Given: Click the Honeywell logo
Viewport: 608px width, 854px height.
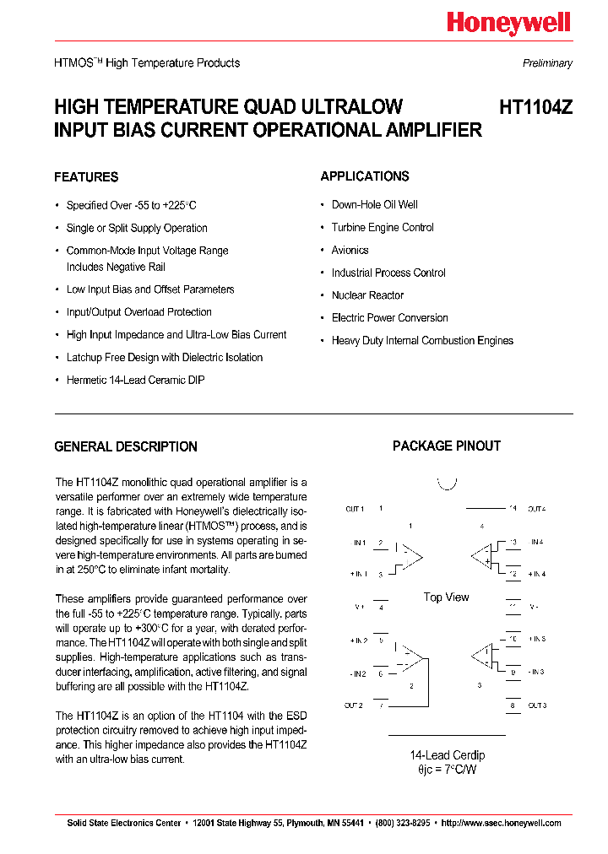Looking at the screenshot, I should click(508, 24).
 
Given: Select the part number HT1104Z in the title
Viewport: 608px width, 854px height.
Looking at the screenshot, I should click(535, 107).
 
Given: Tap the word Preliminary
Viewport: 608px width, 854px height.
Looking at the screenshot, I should click(547, 63).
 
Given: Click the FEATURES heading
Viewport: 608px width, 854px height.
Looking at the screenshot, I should click(86, 177).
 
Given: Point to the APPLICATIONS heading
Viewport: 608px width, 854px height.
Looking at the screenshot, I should click(365, 176).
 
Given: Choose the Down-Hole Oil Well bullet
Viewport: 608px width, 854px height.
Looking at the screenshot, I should click(374, 205).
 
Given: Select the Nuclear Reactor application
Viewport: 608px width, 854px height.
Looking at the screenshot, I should click(367, 295).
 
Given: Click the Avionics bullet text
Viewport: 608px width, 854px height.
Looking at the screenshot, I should click(350, 251).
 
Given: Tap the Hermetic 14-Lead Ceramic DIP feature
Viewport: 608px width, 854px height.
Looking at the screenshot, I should click(135, 381).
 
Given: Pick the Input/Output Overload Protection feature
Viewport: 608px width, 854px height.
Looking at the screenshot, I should click(138, 312).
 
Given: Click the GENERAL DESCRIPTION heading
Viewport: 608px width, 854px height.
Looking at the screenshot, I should click(126, 447).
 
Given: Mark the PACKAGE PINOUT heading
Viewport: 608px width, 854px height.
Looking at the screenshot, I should click(446, 446).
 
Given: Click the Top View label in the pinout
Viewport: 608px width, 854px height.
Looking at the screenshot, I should click(446, 597).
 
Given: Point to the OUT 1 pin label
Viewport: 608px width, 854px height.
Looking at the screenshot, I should click(355, 509).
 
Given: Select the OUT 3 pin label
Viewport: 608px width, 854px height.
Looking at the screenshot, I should click(537, 705).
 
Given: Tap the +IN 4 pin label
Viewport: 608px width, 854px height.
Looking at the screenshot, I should click(537, 574).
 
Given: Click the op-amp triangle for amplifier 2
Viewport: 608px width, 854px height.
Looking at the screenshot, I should click(411, 657).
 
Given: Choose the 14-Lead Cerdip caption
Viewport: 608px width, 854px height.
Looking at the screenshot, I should click(447, 755).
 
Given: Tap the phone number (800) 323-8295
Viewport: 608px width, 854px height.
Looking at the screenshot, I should click(403, 823).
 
